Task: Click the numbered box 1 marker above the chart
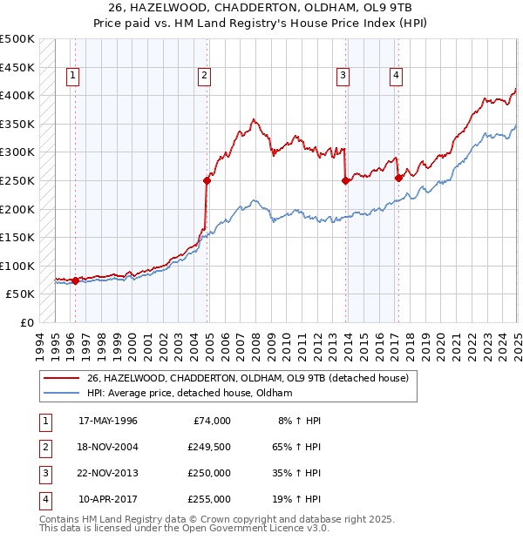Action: click(71, 77)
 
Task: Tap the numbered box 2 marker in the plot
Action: click(203, 77)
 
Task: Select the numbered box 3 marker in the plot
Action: click(343, 77)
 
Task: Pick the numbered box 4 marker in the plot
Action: click(396, 77)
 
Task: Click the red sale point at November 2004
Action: click(207, 181)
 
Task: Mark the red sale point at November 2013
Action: click(346, 181)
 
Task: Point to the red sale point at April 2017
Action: click(398, 178)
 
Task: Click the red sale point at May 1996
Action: click(75, 280)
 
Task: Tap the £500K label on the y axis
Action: click(17, 39)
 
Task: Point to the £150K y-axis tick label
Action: click(17, 237)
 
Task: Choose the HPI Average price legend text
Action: click(188, 394)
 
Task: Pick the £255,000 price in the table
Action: click(209, 500)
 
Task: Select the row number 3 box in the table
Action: click(43, 475)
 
